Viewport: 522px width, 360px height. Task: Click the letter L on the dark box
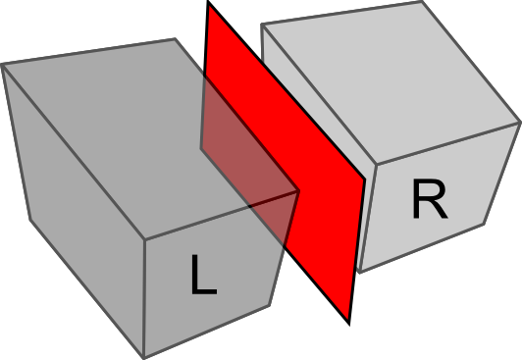202,276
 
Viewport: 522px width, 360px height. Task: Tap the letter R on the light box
429,201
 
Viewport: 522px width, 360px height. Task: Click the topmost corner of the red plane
209,3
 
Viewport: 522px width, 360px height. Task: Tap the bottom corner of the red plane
348,322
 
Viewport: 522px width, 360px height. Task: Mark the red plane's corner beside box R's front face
365,181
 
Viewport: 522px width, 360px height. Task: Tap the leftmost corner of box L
2,65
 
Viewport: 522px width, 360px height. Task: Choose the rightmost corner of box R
519,124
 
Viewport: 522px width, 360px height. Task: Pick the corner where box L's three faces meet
145,238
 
